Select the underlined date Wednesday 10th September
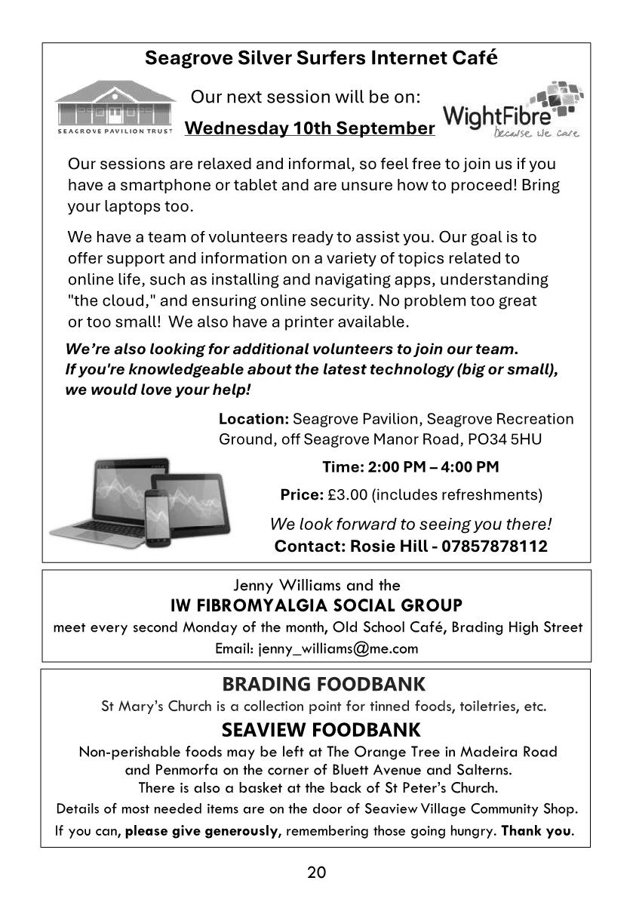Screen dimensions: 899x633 309,128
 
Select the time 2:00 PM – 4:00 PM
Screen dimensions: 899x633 432,467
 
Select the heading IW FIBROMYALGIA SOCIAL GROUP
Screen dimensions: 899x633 317,605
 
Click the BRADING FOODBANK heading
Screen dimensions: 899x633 323,685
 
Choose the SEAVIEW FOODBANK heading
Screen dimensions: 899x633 321,730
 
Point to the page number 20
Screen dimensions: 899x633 317,873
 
